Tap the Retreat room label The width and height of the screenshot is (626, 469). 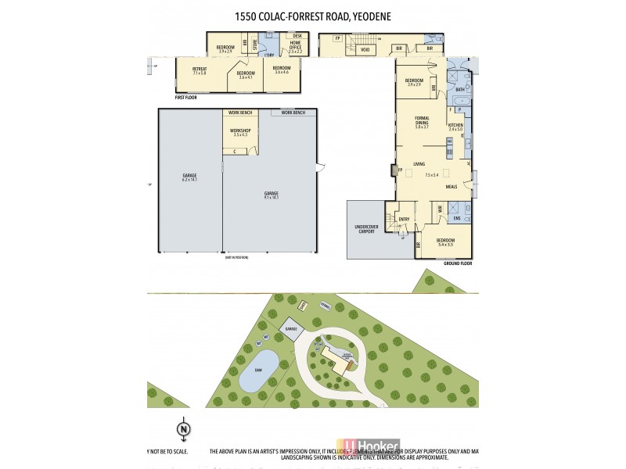click(x=199, y=70)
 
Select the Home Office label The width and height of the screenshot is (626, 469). click(x=296, y=45)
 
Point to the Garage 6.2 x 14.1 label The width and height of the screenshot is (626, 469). click(x=189, y=177)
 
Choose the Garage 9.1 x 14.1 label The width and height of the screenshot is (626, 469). click(x=271, y=195)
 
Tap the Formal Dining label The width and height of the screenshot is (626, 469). click(x=422, y=122)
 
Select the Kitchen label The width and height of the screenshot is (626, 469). click(x=455, y=127)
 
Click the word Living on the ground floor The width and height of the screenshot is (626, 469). click(x=419, y=164)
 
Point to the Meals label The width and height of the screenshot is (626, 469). click(x=451, y=188)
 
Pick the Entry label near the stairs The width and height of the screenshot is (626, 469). click(x=404, y=219)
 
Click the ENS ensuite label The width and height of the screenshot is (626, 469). click(x=456, y=219)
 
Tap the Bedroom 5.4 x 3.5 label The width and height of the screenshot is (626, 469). click(x=444, y=242)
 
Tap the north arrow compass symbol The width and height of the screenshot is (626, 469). click(x=182, y=428)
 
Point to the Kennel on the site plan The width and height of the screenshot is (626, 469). click(x=324, y=306)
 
